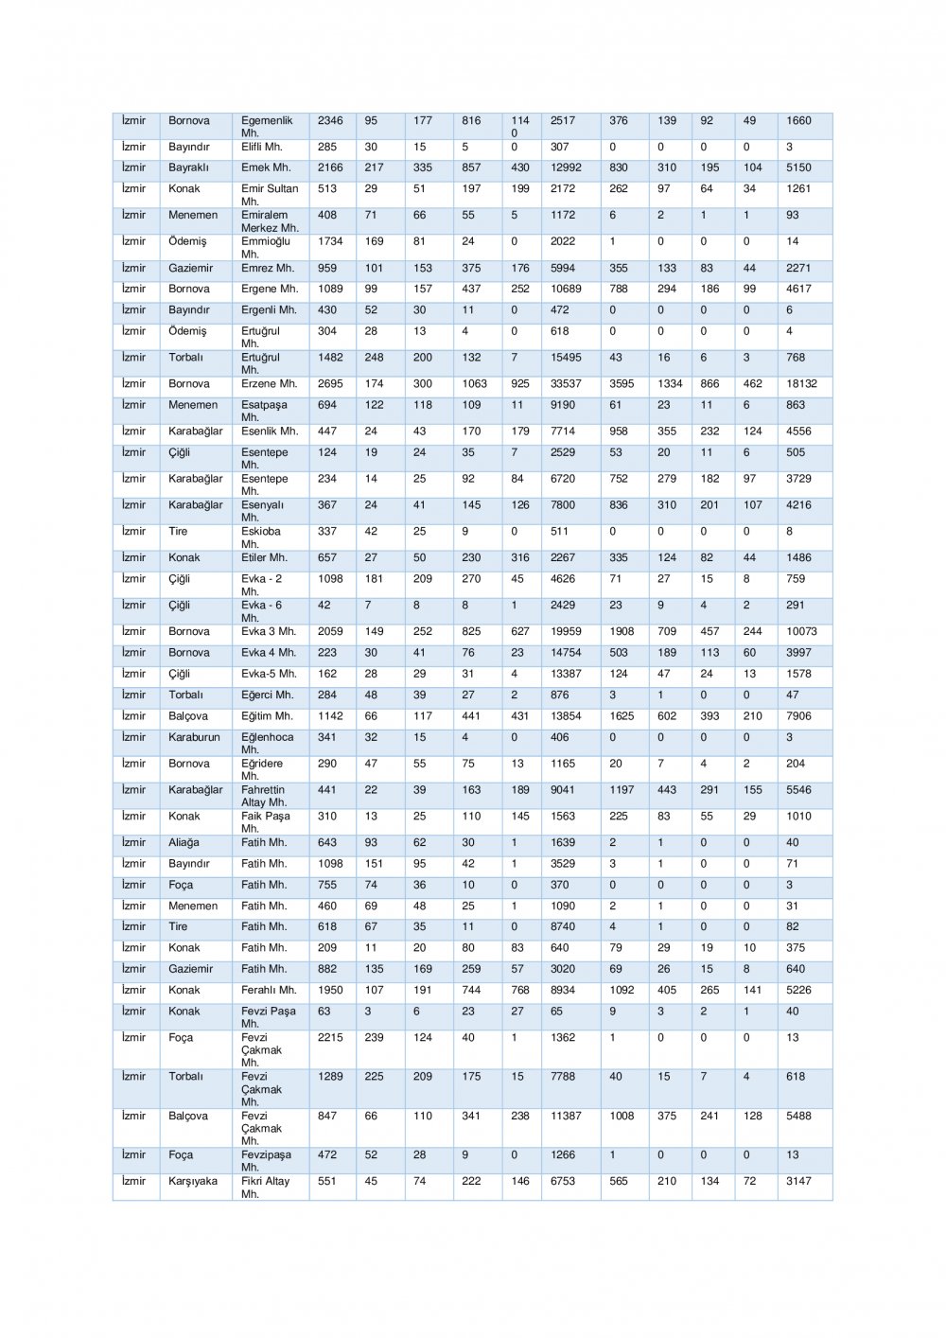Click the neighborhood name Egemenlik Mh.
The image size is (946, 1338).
coord(267,127)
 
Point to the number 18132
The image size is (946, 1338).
coord(801,384)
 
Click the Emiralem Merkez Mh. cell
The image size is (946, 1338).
coord(270,221)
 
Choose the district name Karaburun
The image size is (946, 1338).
coord(194,737)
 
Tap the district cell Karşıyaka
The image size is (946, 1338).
coord(193,1181)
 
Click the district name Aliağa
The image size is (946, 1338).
coord(184,842)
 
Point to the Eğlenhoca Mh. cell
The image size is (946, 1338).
coord(267,743)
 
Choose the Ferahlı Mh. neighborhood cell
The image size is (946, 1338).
coord(269,990)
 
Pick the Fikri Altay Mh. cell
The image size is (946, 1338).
coord(265,1187)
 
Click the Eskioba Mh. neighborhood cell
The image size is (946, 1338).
coord(261,537)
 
